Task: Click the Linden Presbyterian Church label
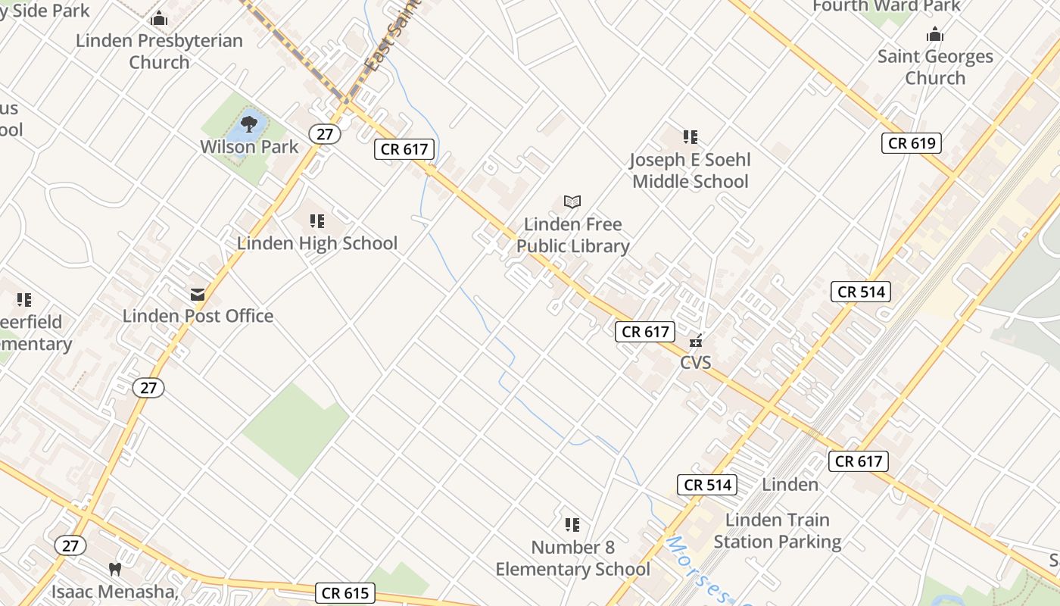[159, 52]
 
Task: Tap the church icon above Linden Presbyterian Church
[159, 18]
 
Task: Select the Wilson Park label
[249, 146]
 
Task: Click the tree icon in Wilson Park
[249, 123]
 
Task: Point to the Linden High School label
[317, 243]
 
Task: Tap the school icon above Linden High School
[317, 221]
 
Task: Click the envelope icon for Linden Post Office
[198, 294]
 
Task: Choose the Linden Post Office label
[198, 316]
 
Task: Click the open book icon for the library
[572, 202]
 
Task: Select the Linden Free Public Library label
[573, 236]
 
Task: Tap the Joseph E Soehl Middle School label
[690, 170]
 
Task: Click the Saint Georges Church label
[935, 67]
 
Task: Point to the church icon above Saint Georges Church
[935, 34]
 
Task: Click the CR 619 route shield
[911, 143]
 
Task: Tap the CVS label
[695, 363]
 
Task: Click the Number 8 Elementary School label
[572, 558]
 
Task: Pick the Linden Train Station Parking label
[777, 531]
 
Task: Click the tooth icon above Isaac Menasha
[115, 568]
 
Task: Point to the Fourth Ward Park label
[886, 6]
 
